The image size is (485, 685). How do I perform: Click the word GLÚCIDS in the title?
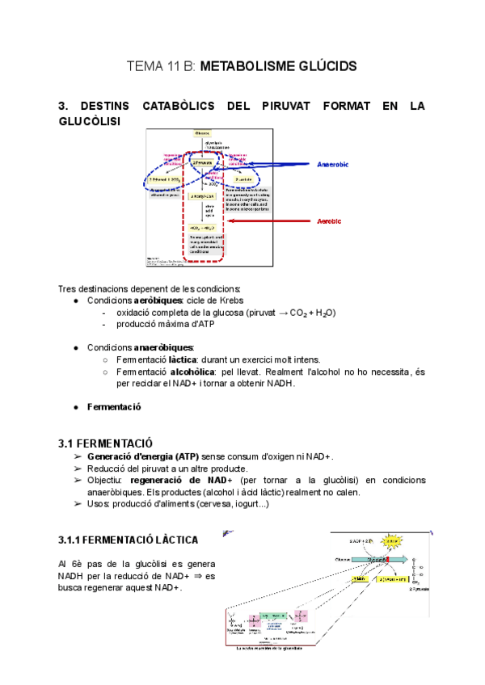click(318, 65)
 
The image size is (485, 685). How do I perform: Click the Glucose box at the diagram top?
click(201, 132)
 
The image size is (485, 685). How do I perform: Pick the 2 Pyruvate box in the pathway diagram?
click(202, 162)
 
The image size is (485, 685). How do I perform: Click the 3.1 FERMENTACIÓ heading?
click(105, 443)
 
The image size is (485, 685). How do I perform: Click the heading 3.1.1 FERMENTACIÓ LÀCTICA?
click(128, 539)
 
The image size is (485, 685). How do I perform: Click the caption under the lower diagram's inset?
click(276, 647)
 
